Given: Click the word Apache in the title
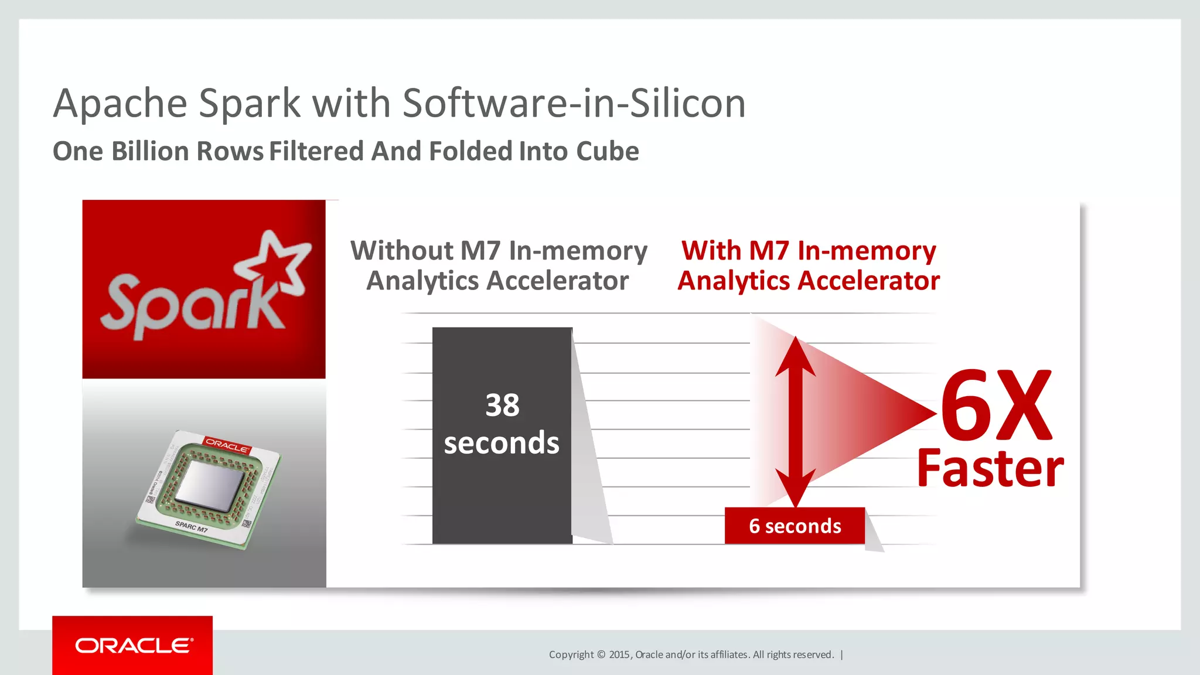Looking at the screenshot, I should point(120,104).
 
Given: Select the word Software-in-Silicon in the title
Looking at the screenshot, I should point(574,103).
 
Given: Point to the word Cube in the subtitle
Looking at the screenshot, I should point(607,151).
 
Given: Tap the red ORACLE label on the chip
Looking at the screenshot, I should point(227,445).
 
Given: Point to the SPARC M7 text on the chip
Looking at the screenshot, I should point(192,526).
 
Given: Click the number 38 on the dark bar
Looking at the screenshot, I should point(502,405).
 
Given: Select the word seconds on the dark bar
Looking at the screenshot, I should point(502,443).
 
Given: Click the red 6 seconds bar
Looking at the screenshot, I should point(795,526).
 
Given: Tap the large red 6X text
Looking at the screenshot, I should point(996,405).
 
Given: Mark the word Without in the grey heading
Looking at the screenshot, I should point(401,251).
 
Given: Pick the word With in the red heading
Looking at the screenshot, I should point(711,251).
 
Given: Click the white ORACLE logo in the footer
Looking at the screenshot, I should point(134,646).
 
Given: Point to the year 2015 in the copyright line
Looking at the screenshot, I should point(619,654).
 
